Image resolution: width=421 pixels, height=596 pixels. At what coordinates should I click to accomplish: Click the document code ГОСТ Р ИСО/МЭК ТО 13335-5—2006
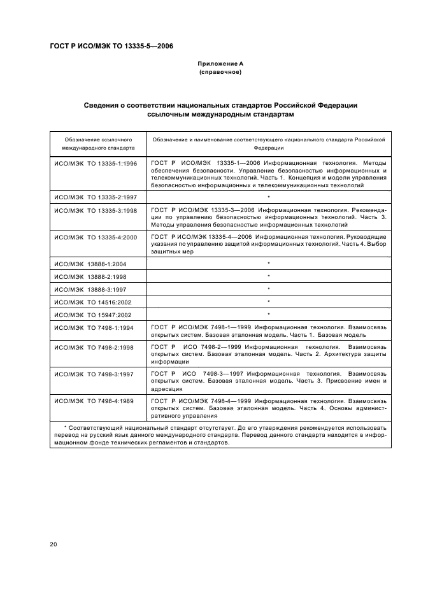click(111, 46)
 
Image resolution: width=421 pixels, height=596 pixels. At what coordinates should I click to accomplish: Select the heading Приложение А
click(220, 64)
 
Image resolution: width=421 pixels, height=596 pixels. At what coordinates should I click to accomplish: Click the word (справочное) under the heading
click(220, 72)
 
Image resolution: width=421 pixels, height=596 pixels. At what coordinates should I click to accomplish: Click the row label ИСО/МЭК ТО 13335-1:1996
click(96, 164)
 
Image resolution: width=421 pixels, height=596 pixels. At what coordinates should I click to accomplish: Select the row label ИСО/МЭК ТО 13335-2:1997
click(96, 197)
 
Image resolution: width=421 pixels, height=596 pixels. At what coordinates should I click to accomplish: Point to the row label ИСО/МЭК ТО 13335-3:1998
click(96, 210)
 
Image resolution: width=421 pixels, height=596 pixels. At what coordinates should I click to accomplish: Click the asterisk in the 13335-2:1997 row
click(269, 198)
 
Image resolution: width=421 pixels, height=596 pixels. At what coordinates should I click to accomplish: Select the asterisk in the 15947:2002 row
click(269, 314)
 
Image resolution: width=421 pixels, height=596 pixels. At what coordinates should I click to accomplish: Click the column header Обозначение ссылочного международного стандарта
click(98, 143)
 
